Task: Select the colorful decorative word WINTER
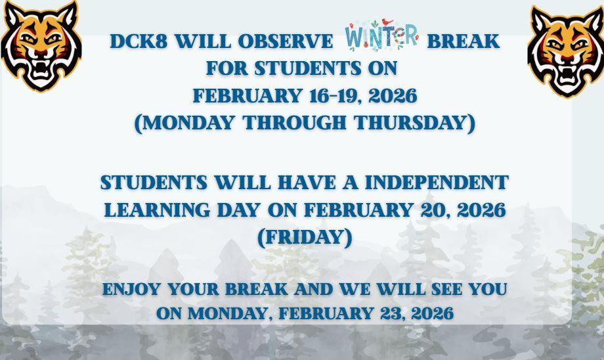[381, 35]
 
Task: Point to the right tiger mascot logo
[565, 52]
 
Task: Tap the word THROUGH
[294, 123]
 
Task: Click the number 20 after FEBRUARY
[433, 210]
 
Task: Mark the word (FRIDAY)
[305, 237]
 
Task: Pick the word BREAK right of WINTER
[463, 41]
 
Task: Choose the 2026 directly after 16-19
[393, 96]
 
